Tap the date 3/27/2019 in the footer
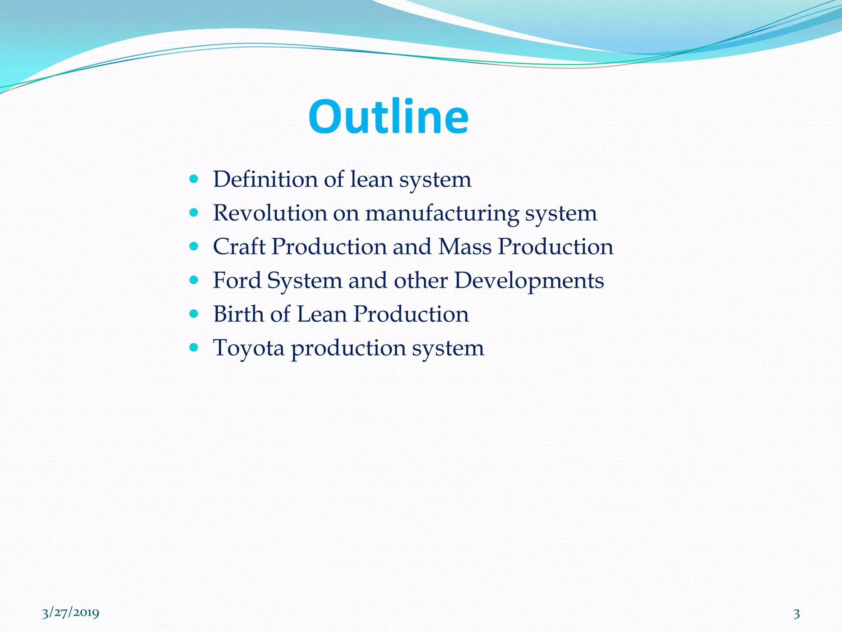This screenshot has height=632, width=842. (70, 613)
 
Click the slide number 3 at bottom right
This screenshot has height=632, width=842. (796, 613)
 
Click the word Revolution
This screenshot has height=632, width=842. (270, 213)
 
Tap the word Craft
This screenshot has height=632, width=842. (239, 247)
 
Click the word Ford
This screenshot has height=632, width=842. (237, 281)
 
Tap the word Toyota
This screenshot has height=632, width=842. (248, 348)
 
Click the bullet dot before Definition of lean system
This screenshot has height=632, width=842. (194, 179)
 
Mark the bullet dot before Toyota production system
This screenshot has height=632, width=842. (194, 347)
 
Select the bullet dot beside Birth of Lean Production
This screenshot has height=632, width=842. (194, 314)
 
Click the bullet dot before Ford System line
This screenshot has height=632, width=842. (194, 280)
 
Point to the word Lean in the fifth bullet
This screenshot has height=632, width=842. (322, 314)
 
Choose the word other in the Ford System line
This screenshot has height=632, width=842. (421, 281)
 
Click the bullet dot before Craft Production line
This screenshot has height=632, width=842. (194, 246)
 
